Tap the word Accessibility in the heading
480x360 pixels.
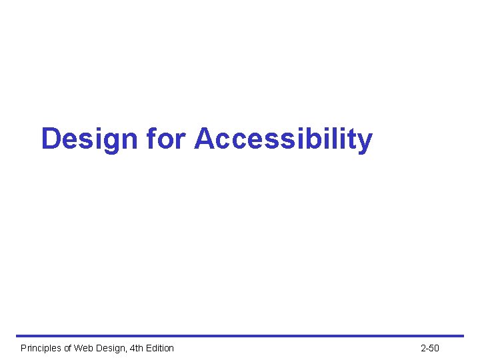(x=283, y=139)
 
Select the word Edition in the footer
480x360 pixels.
(x=160, y=348)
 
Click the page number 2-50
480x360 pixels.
(x=430, y=348)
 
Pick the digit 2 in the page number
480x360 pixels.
(x=423, y=348)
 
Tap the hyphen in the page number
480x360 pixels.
(x=428, y=349)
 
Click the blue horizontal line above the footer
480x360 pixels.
(x=240, y=335)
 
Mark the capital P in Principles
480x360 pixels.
(x=23, y=348)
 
